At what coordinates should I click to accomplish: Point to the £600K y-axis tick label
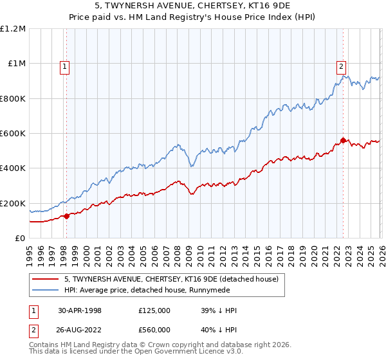pyautogui.click(x=13, y=134)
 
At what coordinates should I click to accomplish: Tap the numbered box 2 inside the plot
pyautogui.click(x=340, y=65)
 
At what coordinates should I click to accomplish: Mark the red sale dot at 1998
pyautogui.click(x=67, y=216)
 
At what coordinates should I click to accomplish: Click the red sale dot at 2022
pyautogui.click(x=343, y=140)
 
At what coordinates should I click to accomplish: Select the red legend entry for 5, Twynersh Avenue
pyautogui.click(x=170, y=279)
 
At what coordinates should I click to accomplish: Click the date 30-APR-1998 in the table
pyautogui.click(x=80, y=310)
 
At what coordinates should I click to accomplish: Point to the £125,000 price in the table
pyautogui.click(x=154, y=310)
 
